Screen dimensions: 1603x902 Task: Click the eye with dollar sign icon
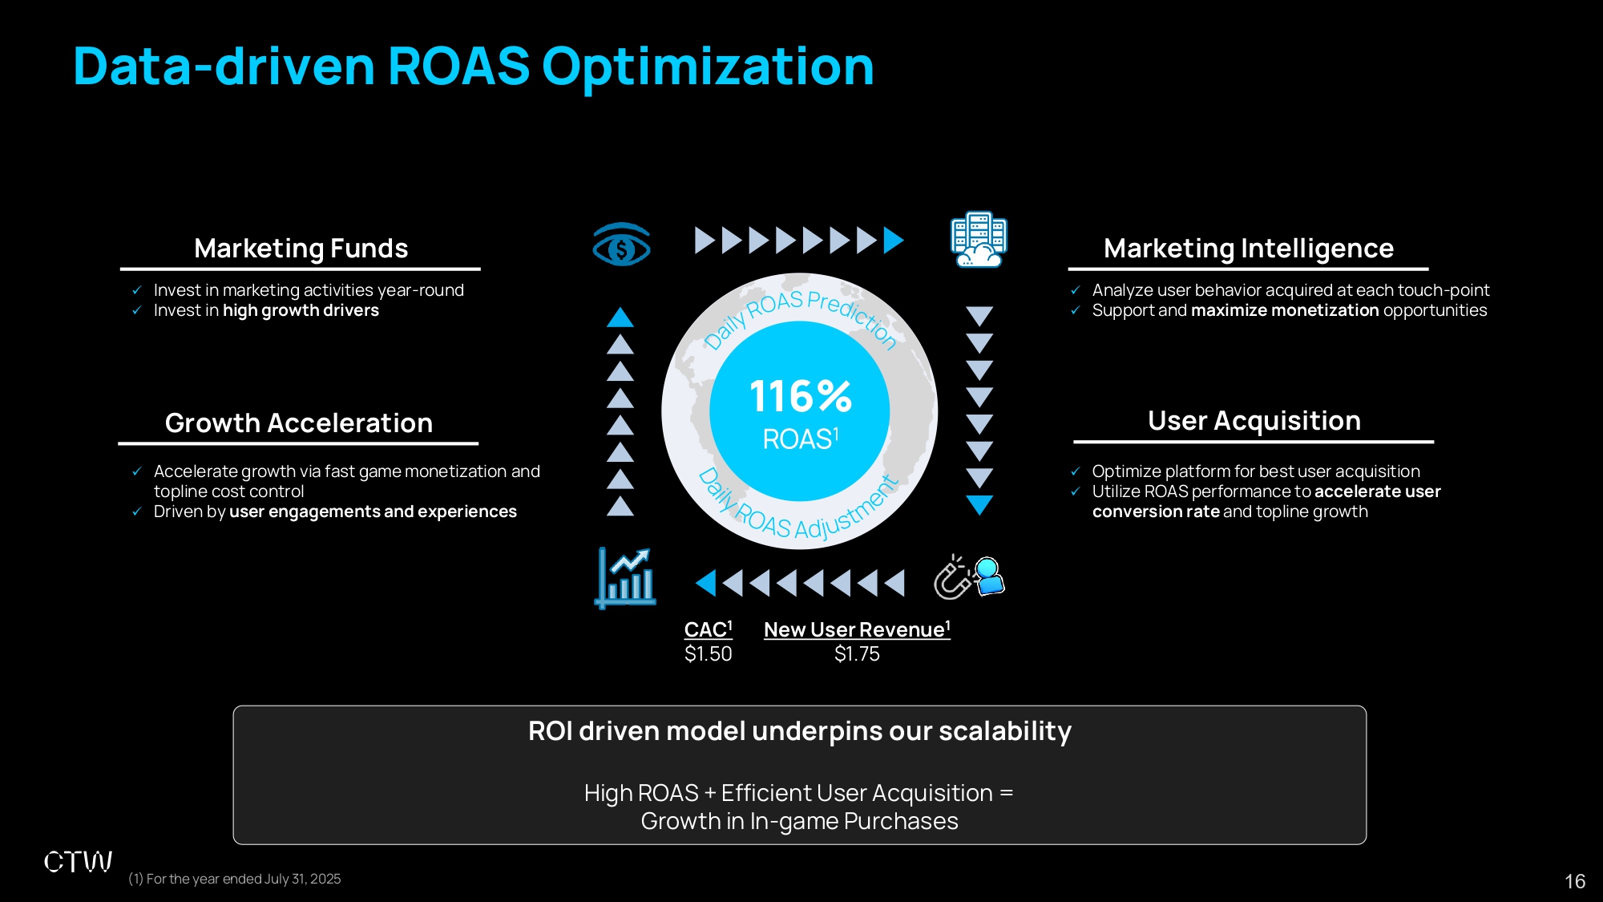pos(621,245)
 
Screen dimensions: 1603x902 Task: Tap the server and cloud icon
pos(979,240)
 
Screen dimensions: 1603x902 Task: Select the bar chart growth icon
pos(626,578)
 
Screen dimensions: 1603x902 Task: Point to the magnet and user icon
pos(970,577)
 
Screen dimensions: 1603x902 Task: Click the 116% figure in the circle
pos(801,396)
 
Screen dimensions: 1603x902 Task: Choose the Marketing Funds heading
pos(301,249)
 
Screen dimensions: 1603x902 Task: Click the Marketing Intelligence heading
pos(1249,249)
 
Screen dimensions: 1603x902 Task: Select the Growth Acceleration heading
pos(299,423)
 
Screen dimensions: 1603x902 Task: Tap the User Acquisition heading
pos(1254,420)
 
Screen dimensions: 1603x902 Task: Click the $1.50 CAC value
pos(709,654)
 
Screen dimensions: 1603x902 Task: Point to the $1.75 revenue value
pos(857,654)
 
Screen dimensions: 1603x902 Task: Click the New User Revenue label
pos(857,629)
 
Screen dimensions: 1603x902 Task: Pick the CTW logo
pos(78,862)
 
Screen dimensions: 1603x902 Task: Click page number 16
pos(1575,881)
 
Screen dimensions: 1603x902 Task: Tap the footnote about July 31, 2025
pos(235,879)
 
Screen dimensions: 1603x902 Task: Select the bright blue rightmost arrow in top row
pos(894,240)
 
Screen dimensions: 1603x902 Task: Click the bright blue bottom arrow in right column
pos(979,505)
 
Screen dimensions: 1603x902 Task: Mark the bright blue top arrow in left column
pos(620,318)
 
